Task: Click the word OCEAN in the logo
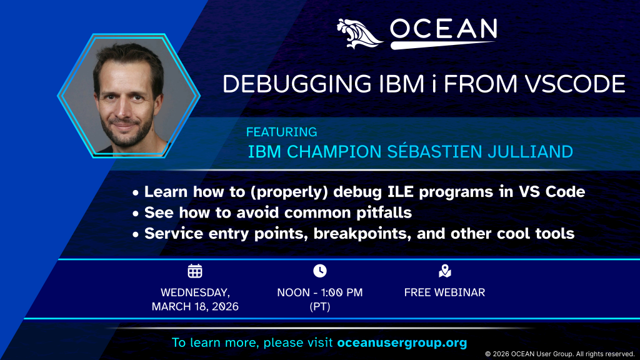(444, 29)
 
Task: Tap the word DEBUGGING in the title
(297, 84)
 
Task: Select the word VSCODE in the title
(575, 84)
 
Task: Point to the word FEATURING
(282, 132)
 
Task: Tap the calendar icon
(195, 271)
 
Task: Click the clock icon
(320, 271)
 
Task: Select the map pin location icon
(445, 271)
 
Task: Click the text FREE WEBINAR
(444, 292)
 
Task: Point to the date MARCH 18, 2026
(195, 306)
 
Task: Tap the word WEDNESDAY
(195, 292)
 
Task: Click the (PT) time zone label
(320, 306)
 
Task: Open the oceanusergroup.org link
(402, 342)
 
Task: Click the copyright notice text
(559, 354)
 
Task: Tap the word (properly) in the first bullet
(289, 192)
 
